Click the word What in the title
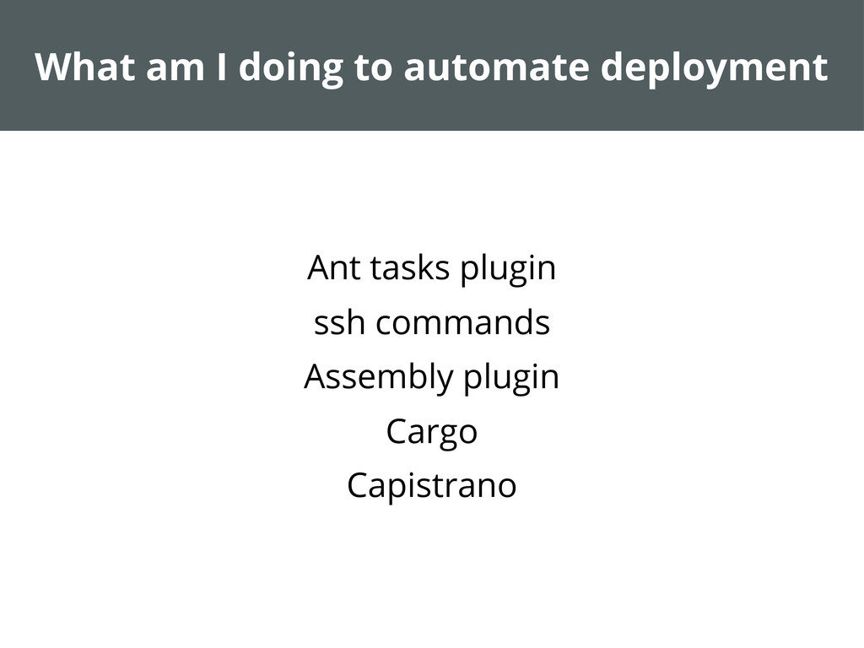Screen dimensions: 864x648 pyautogui.click(x=84, y=67)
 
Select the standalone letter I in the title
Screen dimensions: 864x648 pyautogui.click(x=222, y=67)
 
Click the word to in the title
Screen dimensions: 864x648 pyautogui.click(x=371, y=67)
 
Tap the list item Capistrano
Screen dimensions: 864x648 pyautogui.click(x=431, y=486)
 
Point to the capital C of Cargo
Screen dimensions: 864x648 pyautogui.click(x=397, y=431)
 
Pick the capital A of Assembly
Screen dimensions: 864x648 pyautogui.click(x=315, y=376)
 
